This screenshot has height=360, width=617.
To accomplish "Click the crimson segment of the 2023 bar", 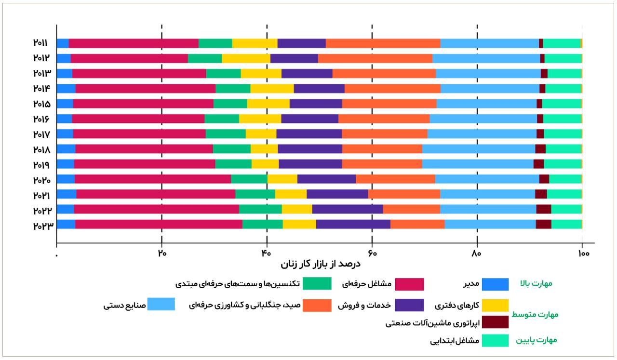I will (x=159, y=224).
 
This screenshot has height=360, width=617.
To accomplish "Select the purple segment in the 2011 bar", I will (x=301, y=43).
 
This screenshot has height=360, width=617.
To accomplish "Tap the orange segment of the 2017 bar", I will (x=384, y=134).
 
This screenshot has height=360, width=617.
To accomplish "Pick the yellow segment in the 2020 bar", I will (x=282, y=179).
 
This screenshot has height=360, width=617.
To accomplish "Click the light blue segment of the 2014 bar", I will (x=490, y=89).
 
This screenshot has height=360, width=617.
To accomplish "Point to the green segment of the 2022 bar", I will (x=260, y=209).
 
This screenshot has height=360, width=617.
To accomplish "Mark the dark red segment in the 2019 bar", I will (x=538, y=164).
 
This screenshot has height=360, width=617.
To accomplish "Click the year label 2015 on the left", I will (x=42, y=104).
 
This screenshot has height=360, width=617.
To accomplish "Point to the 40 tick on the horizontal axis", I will (x=267, y=253).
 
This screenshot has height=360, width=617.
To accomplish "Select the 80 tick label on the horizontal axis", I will (x=477, y=253).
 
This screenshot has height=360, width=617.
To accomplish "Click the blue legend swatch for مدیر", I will (x=495, y=284).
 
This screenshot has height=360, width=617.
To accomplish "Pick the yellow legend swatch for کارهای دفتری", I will (x=495, y=306).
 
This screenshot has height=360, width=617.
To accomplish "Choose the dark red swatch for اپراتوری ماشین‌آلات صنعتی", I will (x=495, y=322).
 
